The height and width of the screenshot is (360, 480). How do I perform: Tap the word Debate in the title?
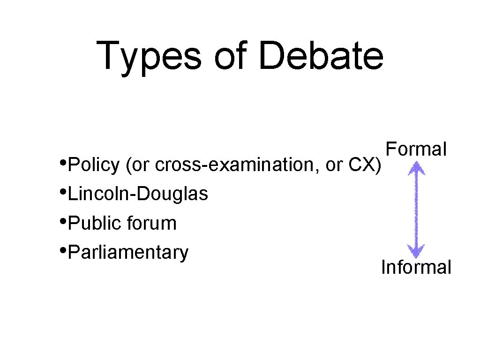321,55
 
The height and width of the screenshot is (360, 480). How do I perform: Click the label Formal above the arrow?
416,149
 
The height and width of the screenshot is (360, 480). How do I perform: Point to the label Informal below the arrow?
416,267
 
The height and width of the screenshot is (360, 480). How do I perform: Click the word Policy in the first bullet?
94,165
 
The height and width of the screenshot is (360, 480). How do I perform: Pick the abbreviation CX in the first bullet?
362,165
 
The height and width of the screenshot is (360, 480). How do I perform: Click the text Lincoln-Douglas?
138,194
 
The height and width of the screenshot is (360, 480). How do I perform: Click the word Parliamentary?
128,252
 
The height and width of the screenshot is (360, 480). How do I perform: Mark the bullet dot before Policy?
63,163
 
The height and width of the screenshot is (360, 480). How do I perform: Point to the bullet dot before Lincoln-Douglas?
63,192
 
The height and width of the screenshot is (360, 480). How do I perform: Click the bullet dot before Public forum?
63,221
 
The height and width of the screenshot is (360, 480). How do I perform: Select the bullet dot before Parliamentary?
63,250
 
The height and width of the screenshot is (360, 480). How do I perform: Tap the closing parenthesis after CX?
378,165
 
